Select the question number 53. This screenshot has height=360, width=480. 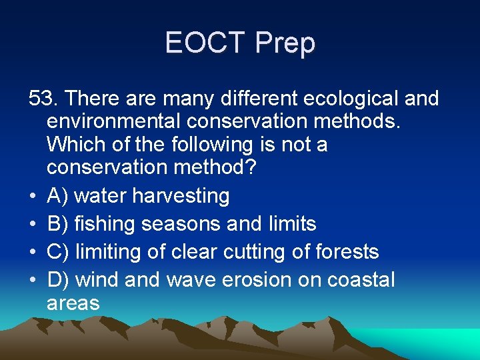[44, 99]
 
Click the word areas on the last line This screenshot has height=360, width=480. [73, 303]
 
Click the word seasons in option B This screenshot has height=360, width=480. [179, 224]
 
